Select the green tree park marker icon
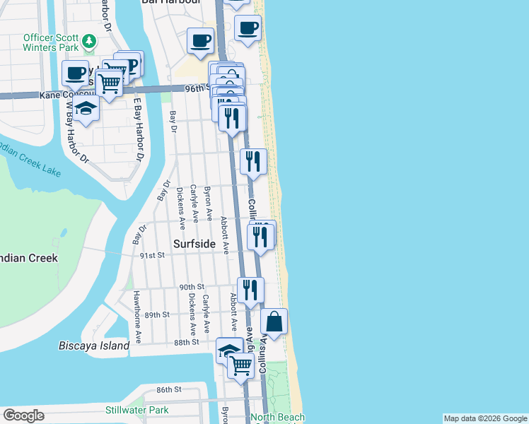(x=89, y=41)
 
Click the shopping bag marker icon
(x=274, y=322)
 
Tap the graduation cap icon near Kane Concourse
(x=86, y=109)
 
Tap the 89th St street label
(x=157, y=314)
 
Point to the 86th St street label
(x=169, y=389)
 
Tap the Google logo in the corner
(x=23, y=416)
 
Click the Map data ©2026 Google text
(x=486, y=418)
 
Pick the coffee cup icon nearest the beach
(x=248, y=29)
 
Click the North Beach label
(x=279, y=418)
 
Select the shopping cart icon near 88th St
(x=241, y=365)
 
